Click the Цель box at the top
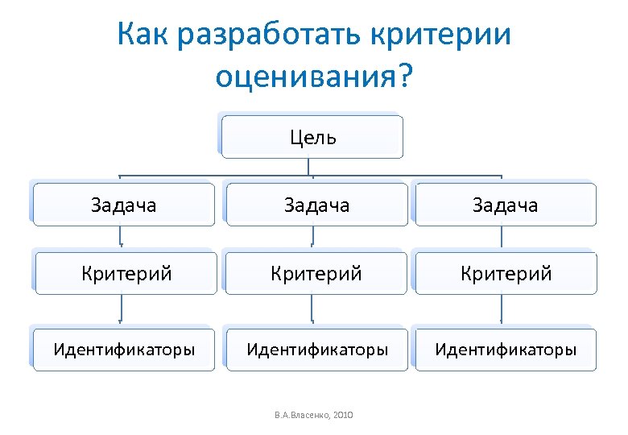312,136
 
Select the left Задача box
124,205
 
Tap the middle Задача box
317,205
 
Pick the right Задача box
506,205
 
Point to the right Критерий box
506,274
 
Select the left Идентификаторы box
124,350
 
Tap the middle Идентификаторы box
317,350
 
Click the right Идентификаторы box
506,350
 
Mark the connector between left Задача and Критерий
121,238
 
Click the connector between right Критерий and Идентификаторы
502,309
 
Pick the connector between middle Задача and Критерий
312,238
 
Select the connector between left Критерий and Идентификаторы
121,309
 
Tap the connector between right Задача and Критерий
502,238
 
